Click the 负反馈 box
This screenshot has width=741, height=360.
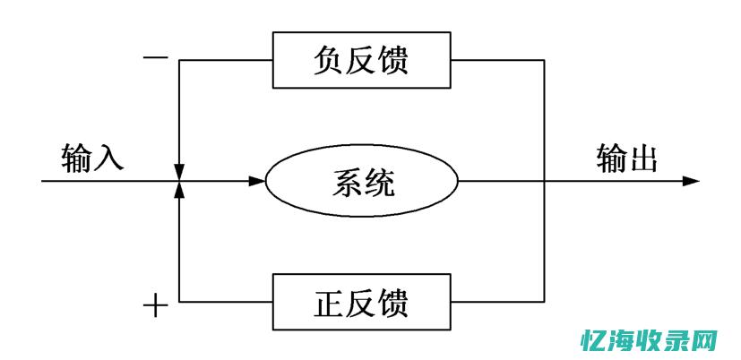(x=362, y=60)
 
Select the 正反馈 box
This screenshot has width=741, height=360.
(x=362, y=302)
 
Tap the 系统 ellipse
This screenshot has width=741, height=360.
(x=362, y=182)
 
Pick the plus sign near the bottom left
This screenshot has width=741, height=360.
(x=156, y=306)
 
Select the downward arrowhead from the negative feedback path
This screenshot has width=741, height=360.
(x=180, y=170)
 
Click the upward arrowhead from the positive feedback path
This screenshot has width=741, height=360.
(x=180, y=192)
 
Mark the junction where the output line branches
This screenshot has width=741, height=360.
(x=544, y=181)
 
